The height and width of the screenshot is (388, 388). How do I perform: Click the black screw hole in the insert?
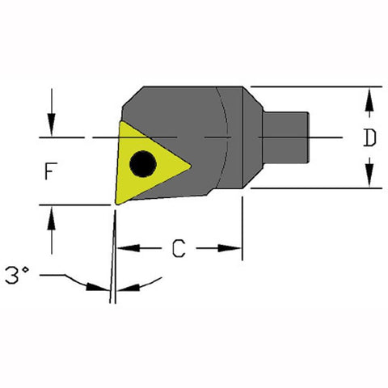click(144, 162)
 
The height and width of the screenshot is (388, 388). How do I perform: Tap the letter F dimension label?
click(50, 171)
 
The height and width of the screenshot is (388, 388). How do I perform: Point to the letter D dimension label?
click(369, 138)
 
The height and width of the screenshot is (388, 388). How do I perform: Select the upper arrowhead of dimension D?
click(369, 96)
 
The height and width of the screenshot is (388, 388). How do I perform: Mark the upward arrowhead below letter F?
click(52, 214)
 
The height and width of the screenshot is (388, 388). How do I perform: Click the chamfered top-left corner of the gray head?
click(133, 99)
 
